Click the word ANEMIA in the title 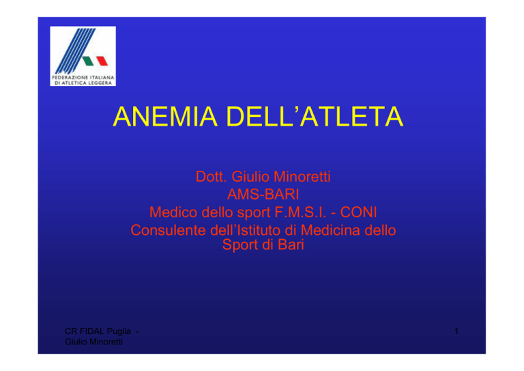point(165,116)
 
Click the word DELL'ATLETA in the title point(315,116)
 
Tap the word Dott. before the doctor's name point(212,177)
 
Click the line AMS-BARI point(263,194)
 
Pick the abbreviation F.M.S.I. point(300,212)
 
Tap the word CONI point(359,212)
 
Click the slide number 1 point(456,331)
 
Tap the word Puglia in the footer point(119,331)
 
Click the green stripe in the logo point(88,61)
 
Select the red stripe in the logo point(102,61)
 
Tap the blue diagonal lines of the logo point(75,51)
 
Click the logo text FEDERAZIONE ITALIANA point(83,77)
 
